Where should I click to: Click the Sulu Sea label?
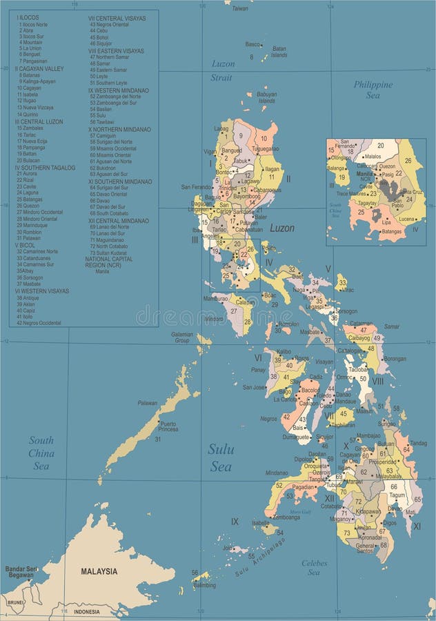221,457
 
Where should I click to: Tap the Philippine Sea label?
373,90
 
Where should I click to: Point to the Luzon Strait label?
222,70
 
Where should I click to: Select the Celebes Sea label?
315,568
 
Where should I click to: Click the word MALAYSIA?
99,571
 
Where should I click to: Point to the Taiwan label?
239,8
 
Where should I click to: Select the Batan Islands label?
279,52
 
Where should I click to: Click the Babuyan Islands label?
266,97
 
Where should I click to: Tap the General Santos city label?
365,547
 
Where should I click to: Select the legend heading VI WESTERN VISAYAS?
42,290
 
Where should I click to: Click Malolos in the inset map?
373,157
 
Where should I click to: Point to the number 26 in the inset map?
409,161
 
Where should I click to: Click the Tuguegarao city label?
265,148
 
